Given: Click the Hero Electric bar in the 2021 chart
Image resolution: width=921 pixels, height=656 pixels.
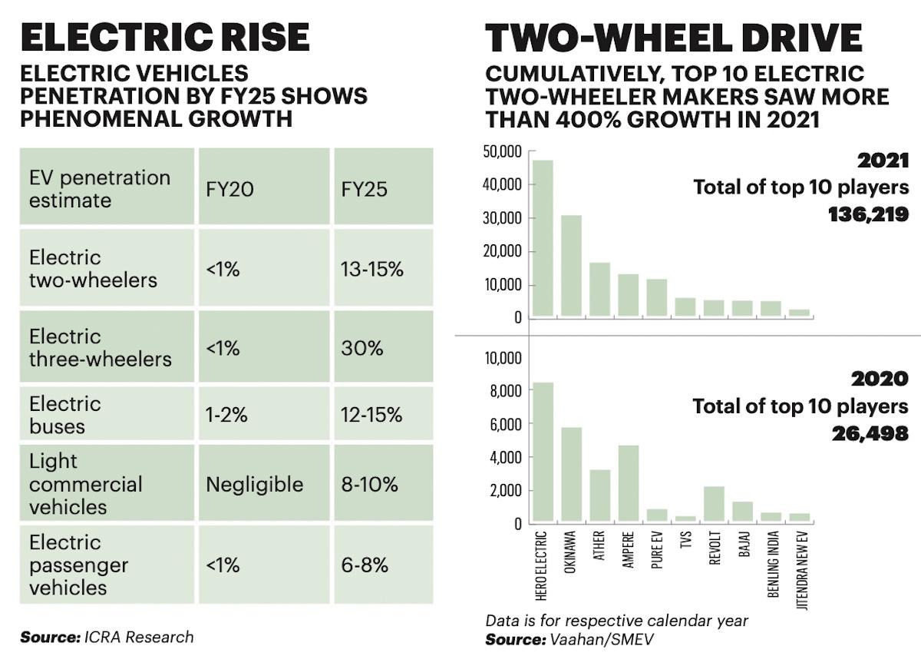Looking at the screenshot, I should tap(543, 238).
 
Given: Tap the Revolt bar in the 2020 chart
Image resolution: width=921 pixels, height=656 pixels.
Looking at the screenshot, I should tap(713, 504).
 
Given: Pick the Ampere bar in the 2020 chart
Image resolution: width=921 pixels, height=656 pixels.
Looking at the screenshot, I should tap(628, 483).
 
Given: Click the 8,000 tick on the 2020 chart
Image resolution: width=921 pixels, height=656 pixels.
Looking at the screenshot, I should tap(507, 391).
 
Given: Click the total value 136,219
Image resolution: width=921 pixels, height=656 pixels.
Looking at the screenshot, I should tap(868, 214).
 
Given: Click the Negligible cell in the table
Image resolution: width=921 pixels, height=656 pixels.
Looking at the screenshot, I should tap(254, 484).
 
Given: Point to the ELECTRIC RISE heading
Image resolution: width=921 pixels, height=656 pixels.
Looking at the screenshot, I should tap(165, 38).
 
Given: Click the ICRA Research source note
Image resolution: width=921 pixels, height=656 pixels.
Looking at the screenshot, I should tap(107, 637).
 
